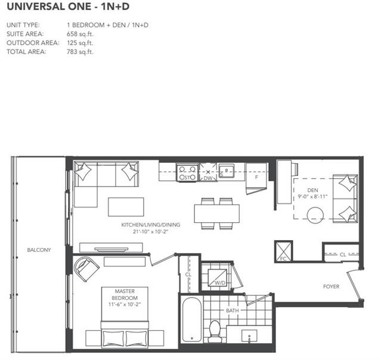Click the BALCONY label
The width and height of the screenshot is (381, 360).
pos(39,250)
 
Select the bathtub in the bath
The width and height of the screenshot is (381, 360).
pos(192,319)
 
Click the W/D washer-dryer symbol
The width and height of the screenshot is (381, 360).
pos(218,278)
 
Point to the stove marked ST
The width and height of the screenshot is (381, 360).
pos(187,173)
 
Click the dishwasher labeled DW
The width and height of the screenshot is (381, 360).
pos(208,172)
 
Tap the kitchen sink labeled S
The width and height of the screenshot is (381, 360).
pos(227,170)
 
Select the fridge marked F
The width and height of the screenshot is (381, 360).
pos(256,178)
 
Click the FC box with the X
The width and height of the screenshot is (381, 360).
pos(283,252)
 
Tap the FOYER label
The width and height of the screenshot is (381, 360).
pos(331,287)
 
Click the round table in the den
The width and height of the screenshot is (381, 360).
pos(315,215)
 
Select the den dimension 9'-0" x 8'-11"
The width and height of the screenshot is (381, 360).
pos(312,196)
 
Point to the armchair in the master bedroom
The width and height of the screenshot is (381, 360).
pos(86,268)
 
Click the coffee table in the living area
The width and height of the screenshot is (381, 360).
pos(126,207)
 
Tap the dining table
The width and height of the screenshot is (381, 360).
pos(217,213)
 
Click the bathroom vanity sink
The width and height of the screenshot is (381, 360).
pos(249,336)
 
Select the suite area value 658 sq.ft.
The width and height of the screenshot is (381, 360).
pos(80,34)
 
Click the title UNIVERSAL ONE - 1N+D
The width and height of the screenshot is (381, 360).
pos(68,7)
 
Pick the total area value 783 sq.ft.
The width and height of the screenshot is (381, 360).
pos(80,52)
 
